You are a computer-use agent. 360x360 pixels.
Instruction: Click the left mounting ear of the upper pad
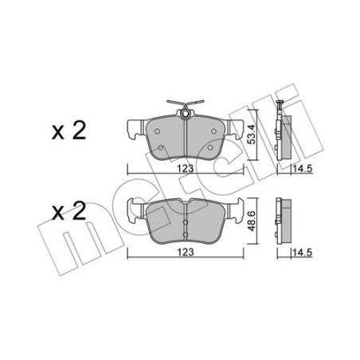[x=133, y=126]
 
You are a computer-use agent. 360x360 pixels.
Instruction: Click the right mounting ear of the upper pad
[x=237, y=126]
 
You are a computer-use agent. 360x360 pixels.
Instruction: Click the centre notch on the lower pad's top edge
[x=185, y=204]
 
